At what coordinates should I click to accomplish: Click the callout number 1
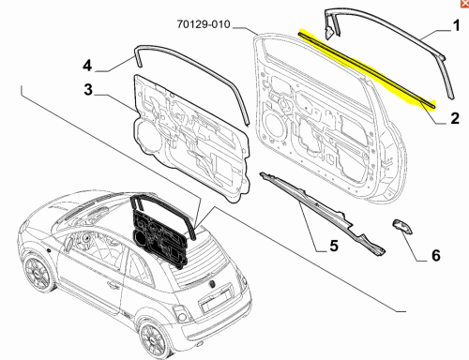457,25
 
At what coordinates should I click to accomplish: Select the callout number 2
455,118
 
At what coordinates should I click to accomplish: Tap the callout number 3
88,89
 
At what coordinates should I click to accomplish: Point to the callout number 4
87,66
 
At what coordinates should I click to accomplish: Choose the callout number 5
334,246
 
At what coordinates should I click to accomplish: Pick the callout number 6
436,255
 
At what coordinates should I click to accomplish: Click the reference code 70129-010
204,24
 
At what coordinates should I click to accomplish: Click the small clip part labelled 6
402,226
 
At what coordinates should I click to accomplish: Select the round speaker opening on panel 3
146,135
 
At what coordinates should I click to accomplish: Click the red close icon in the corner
465,3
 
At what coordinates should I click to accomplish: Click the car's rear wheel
154,338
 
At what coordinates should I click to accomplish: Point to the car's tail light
180,313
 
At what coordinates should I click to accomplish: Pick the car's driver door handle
112,285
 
